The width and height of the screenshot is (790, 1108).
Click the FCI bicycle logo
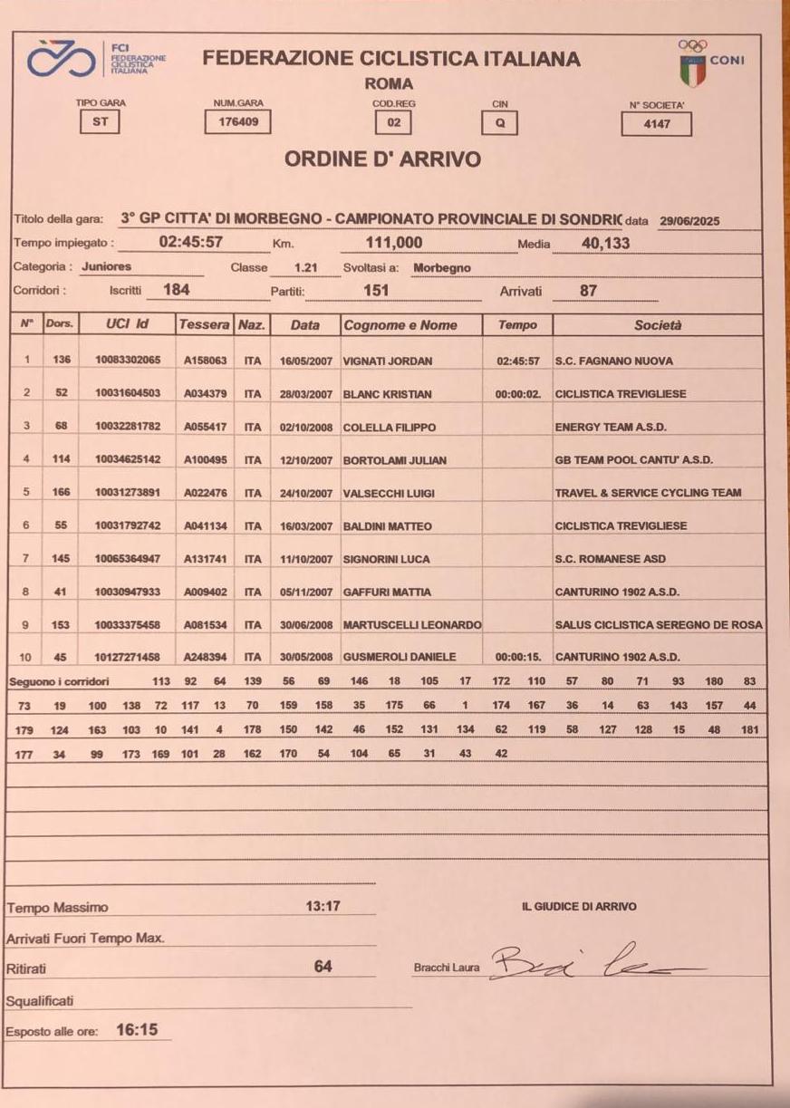pos(64,59)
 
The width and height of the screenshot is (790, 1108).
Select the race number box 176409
pos(237,121)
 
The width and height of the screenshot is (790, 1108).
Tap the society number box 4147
pos(656,123)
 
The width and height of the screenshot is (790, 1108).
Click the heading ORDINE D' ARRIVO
pos(382,159)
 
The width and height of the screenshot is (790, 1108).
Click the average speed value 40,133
pos(605,243)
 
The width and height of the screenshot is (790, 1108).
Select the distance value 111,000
pos(393,243)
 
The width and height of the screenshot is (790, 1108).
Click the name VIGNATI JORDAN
pos(388,361)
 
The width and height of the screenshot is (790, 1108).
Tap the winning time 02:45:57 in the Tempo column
pos(518,361)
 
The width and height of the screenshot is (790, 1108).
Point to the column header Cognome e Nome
pos(400,325)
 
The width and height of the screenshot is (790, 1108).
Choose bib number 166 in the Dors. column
pos(61,493)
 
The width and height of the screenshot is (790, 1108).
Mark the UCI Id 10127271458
pos(128,657)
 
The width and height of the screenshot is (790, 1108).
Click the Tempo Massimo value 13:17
pos(323,906)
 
